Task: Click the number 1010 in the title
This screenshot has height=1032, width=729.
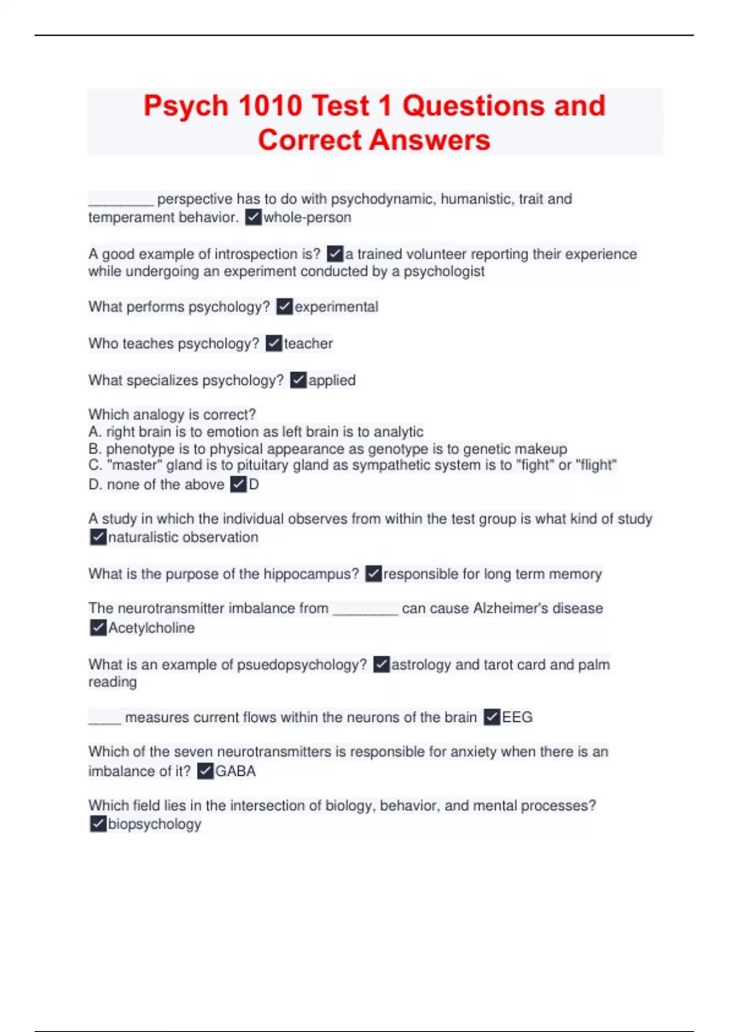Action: (x=270, y=106)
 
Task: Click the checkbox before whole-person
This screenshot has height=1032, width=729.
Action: (x=253, y=217)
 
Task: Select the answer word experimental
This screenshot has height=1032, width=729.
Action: (x=337, y=307)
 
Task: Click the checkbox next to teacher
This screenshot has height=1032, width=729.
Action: (x=274, y=344)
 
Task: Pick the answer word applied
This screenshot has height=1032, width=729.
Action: (x=332, y=381)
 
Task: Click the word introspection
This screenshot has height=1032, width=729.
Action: (x=245, y=254)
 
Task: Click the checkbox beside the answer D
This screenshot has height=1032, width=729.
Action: (x=239, y=484)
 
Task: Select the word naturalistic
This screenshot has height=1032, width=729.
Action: (x=143, y=537)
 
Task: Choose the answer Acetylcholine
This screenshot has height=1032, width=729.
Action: (x=151, y=628)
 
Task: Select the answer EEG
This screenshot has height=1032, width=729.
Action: (x=517, y=718)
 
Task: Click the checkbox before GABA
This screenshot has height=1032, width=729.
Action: (x=206, y=772)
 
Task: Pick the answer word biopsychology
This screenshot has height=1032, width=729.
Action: (x=154, y=824)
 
